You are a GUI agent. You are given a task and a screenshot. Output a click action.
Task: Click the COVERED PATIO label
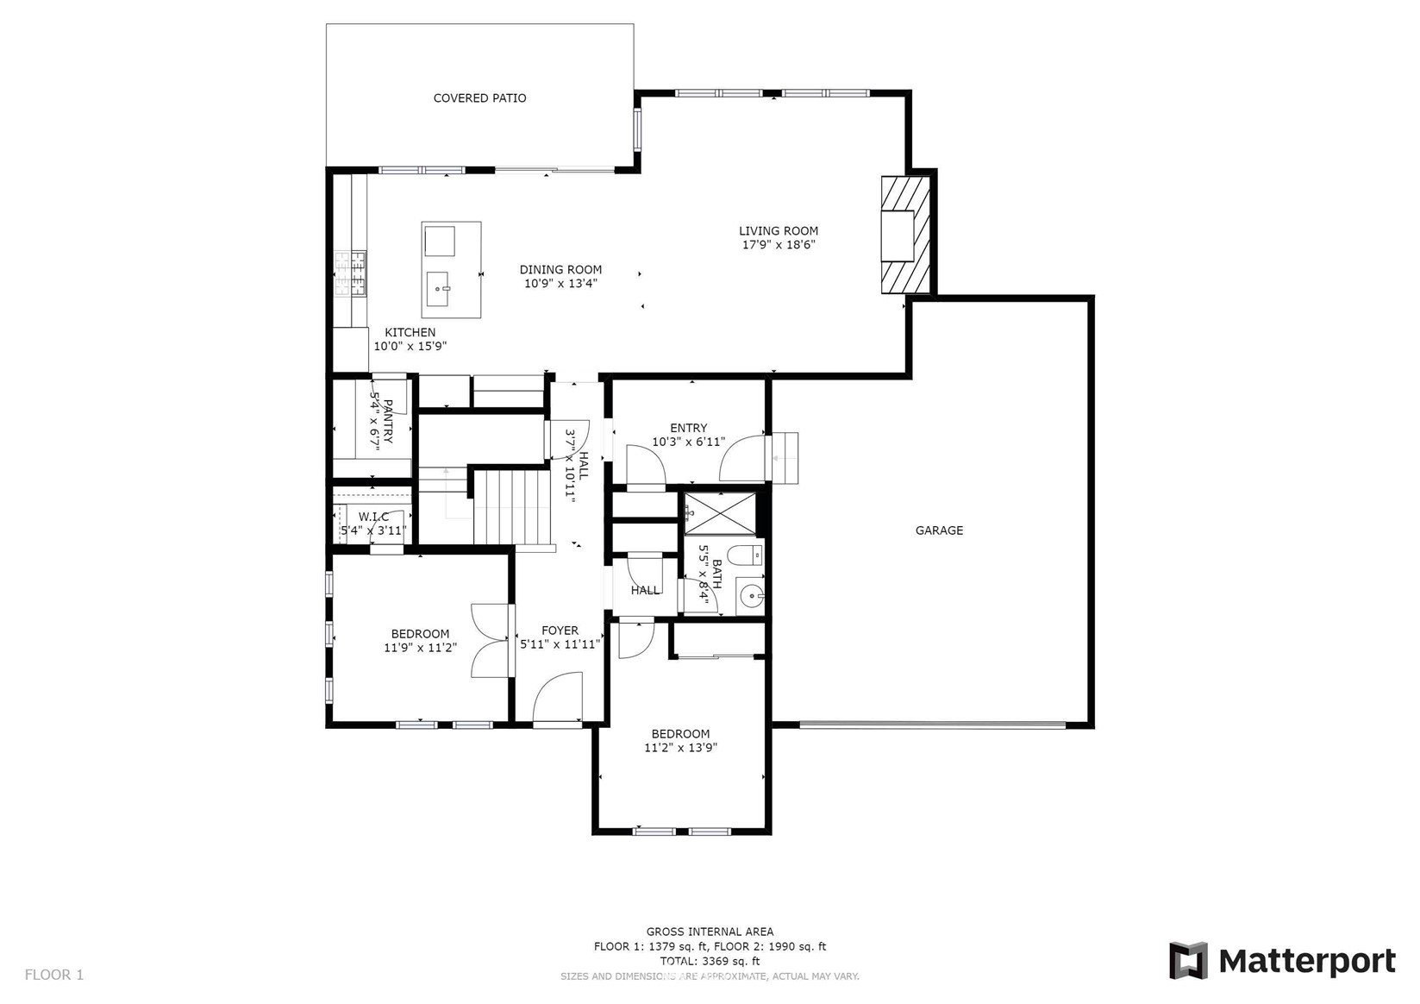[479, 98]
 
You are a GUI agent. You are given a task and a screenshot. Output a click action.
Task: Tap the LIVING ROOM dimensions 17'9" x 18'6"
[779, 245]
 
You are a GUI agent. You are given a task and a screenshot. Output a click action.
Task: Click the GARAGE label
[939, 530]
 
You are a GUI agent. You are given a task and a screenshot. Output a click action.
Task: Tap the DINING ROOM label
[560, 270]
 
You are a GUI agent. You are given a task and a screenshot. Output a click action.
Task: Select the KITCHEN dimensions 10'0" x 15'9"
[410, 347]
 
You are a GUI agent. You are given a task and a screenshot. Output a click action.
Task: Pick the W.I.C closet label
[373, 517]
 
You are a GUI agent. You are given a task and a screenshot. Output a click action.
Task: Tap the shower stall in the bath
[720, 513]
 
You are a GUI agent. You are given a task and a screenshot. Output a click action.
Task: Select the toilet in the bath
[744, 553]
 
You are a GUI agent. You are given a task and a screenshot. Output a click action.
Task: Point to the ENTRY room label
[688, 428]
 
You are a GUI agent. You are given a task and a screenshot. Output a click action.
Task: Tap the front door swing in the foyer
[557, 700]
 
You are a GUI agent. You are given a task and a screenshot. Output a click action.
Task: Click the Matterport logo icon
[1188, 961]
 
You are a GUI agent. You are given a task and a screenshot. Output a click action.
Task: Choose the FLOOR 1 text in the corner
[54, 975]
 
